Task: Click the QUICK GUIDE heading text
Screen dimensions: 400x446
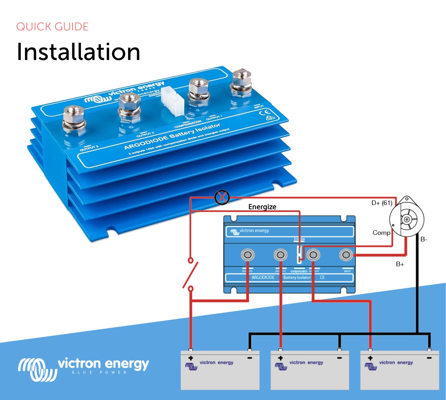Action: tap(52, 27)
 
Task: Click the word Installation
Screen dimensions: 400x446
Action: tap(78, 52)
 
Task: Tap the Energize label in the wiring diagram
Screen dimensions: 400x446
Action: tap(262, 207)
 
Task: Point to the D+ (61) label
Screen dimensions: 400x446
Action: tap(382, 203)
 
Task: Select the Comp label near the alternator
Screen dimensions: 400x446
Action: tap(381, 233)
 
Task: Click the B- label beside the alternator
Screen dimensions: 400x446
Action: tap(424, 239)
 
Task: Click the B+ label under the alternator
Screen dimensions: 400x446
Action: tap(400, 264)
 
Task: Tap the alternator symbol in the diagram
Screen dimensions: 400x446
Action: tap(406, 219)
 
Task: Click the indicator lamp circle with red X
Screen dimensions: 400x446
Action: tap(222, 197)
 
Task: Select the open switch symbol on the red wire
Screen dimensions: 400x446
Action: tap(190, 275)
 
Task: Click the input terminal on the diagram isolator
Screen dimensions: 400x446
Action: tap(346, 255)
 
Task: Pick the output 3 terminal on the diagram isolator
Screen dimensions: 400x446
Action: tap(248, 255)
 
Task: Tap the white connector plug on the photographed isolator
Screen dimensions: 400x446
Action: tap(172, 100)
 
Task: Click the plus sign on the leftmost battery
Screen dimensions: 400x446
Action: tap(191, 358)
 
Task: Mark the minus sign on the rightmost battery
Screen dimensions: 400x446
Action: tap(429, 358)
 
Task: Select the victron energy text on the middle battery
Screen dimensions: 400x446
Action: tap(306, 362)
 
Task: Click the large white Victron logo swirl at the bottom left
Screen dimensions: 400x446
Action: tap(37, 369)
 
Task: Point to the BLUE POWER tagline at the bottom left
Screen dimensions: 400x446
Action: tap(99, 373)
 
